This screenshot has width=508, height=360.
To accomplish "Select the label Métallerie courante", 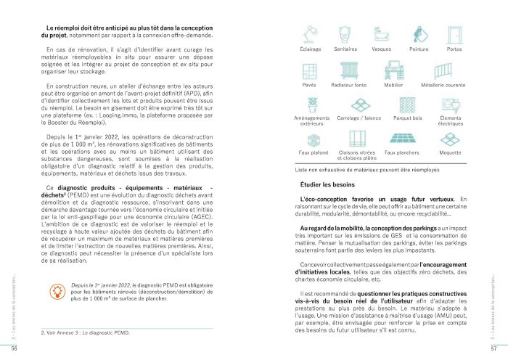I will (x=450, y=85).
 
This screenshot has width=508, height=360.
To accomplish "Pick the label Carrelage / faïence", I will (x=358, y=117).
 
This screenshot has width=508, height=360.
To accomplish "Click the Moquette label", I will (x=450, y=153).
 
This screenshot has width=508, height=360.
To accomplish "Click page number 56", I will (x=14, y=349).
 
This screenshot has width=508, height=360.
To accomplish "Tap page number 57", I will (x=493, y=349).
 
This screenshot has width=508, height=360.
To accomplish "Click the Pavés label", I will (x=309, y=85).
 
